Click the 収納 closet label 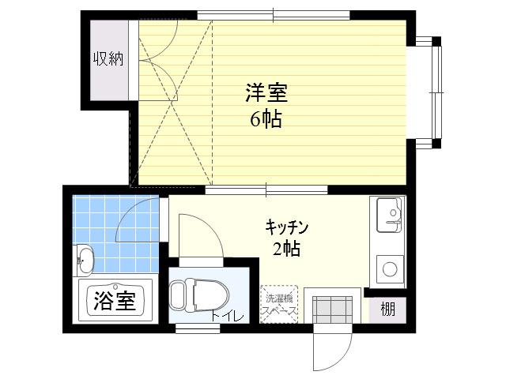108,59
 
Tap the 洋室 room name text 266,93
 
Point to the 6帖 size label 266,119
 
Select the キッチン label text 287,227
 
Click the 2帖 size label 286,248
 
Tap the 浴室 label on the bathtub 115,300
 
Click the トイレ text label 227,317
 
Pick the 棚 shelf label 387,310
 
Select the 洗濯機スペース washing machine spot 279,304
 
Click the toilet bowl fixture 199,295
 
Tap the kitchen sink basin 389,214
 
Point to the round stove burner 390,268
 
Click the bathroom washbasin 85,261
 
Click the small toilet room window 198,328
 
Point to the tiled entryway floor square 332,310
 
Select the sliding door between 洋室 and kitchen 266,189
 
